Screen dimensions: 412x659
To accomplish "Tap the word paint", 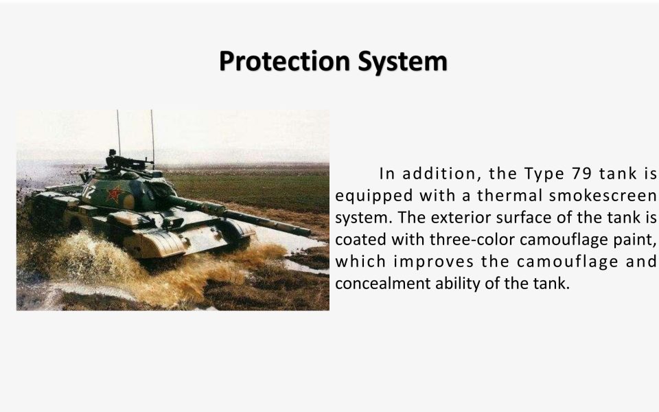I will [636, 240].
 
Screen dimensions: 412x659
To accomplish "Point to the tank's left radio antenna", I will [118, 134].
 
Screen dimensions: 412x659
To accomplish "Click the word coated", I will [359, 240].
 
